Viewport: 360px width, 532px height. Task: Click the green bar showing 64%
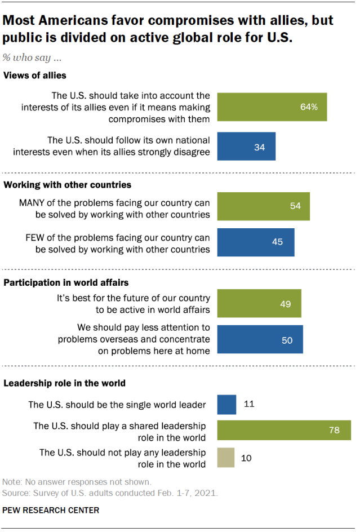[272, 107]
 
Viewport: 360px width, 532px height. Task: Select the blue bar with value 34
[246, 147]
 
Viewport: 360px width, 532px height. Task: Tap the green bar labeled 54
[263, 206]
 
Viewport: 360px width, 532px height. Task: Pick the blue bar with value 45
[256, 242]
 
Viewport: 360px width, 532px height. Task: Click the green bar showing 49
[259, 304]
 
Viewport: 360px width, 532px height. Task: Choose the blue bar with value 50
[260, 339]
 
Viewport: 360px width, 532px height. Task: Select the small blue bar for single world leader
[226, 404]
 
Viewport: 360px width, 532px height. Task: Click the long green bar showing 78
[284, 430]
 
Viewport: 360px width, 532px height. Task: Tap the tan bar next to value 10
[226, 458]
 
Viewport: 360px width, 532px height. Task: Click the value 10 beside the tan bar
[246, 458]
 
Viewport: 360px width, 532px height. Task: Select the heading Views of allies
[35, 76]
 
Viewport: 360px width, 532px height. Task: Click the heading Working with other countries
[68, 184]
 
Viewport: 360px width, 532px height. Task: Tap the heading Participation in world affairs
[66, 282]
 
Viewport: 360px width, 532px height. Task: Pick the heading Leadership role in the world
[64, 383]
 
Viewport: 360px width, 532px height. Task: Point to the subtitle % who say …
[32, 59]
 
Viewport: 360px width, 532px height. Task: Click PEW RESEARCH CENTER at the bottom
[51, 511]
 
